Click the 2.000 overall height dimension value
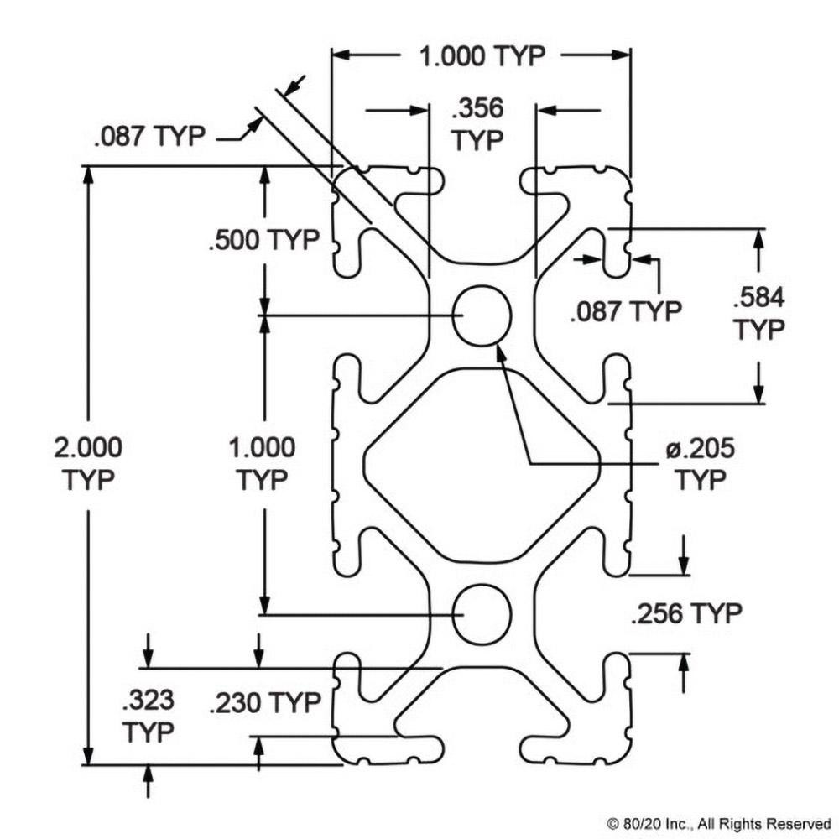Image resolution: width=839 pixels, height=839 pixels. pyautogui.click(x=87, y=447)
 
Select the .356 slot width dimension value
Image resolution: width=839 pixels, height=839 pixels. pyautogui.click(x=477, y=110)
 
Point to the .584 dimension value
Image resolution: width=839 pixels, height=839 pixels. pyautogui.click(x=759, y=299)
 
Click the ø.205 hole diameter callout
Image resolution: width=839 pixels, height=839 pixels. pyautogui.click(x=700, y=449)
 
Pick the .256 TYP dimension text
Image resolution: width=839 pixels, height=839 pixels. pyautogui.click(x=685, y=613)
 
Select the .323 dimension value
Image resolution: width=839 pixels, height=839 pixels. pyautogui.click(x=148, y=699)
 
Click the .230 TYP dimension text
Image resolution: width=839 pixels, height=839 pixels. pyautogui.click(x=265, y=702)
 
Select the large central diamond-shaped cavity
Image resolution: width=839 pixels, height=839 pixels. pyautogui.click(x=482, y=464)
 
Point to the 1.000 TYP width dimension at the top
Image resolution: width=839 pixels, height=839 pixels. pyautogui.click(x=482, y=56)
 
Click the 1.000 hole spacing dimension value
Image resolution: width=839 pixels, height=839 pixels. pyautogui.click(x=262, y=447)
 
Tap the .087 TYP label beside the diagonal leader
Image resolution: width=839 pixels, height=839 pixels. pyautogui.click(x=150, y=137)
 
